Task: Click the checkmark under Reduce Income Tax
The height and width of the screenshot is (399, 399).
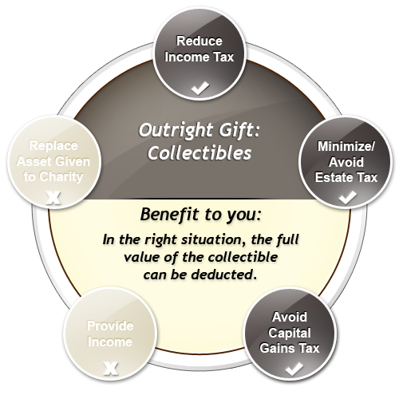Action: [x=200, y=88]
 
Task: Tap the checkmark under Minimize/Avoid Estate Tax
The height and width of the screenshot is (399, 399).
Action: [x=348, y=197]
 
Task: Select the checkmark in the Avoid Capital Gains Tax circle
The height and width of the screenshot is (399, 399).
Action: [x=294, y=369]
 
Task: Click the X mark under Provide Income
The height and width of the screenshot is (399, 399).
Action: [x=111, y=369]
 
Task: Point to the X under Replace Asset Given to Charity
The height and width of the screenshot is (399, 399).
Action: [x=53, y=198]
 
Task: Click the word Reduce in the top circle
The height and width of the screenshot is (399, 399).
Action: [x=199, y=41]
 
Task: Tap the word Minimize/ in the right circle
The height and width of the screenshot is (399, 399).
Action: [x=346, y=146]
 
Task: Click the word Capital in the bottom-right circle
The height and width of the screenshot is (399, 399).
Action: [x=290, y=334]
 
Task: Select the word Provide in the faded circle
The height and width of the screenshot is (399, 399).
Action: [x=110, y=326]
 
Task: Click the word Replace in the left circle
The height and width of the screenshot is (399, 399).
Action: [x=53, y=146]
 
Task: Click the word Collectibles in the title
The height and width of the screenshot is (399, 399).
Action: [x=199, y=153]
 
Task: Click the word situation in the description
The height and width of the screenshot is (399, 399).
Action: [x=214, y=240]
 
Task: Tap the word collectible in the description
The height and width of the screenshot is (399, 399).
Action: [x=243, y=257]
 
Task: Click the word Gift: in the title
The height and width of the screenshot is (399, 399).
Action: [x=239, y=131]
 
